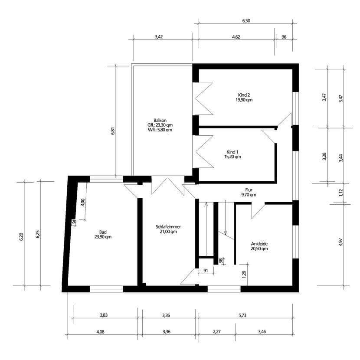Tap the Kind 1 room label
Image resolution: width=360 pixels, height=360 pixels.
pyautogui.click(x=232, y=154)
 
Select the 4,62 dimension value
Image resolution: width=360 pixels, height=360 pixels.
pyautogui.click(x=236, y=37)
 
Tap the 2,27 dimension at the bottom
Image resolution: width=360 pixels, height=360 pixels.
pyautogui.click(x=217, y=332)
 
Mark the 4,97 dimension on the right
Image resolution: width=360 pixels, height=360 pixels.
pyautogui.click(x=341, y=242)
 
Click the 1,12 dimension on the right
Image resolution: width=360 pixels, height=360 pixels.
pyautogui.click(x=341, y=192)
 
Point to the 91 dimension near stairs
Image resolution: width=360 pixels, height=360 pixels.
pyautogui.click(x=206, y=271)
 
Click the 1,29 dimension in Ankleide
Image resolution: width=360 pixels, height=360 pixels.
pyautogui.click(x=244, y=274)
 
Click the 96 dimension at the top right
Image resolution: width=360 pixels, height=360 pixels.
pyautogui.click(x=284, y=37)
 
